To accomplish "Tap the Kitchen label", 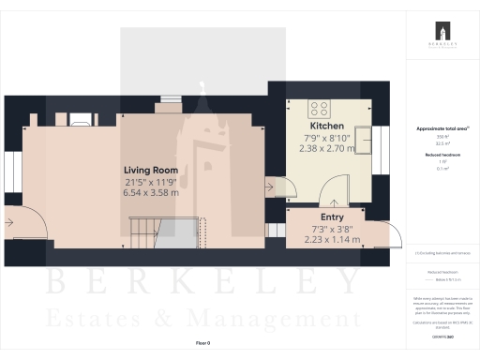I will coord(327,126).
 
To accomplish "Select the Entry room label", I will coord(332,217).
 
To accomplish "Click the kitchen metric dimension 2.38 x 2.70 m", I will coord(327,148).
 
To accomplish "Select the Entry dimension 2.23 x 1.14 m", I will coord(332,239).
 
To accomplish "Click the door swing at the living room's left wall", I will coord(22,224).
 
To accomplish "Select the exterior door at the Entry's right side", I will coord(394,233).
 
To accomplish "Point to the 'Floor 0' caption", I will coord(202,344).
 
